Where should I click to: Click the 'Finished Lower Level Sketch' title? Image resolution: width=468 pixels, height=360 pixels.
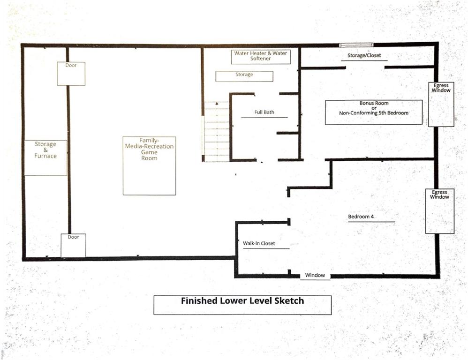[x=242, y=300]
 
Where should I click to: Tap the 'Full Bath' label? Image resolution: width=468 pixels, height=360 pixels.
[x=264, y=112]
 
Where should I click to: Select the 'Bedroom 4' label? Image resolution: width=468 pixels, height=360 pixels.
[x=361, y=217]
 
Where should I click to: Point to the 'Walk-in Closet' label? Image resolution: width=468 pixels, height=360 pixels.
[x=259, y=243]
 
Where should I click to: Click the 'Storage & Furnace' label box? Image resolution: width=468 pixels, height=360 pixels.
[x=45, y=158]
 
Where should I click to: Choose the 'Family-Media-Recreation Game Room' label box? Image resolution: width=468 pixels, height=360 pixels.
[x=149, y=166]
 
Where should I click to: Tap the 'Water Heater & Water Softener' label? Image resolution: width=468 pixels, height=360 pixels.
[x=261, y=56]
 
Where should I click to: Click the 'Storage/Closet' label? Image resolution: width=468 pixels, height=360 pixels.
[x=364, y=55]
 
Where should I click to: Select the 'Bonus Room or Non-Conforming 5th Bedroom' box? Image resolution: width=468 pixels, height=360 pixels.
[x=374, y=112]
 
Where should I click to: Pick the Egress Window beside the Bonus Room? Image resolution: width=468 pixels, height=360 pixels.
[x=441, y=105]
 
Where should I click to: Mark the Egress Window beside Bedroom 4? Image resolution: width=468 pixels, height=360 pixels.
[x=440, y=211]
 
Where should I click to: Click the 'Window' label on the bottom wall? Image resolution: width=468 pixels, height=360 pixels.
[x=315, y=275]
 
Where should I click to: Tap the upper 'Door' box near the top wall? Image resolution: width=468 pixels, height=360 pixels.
[x=71, y=74]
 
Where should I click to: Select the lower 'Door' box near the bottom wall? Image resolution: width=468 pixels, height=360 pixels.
[x=74, y=246]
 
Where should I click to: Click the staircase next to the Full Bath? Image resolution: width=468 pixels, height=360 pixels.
[x=217, y=132]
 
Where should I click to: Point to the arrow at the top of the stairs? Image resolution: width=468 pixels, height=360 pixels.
[x=217, y=104]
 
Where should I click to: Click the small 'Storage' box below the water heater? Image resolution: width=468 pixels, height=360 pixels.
[x=244, y=76]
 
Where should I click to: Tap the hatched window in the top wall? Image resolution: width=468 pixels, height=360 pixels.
[x=356, y=45]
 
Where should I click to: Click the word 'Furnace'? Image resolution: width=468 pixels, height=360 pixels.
[x=45, y=156]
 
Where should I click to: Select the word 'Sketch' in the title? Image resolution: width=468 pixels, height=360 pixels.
[x=289, y=300]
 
